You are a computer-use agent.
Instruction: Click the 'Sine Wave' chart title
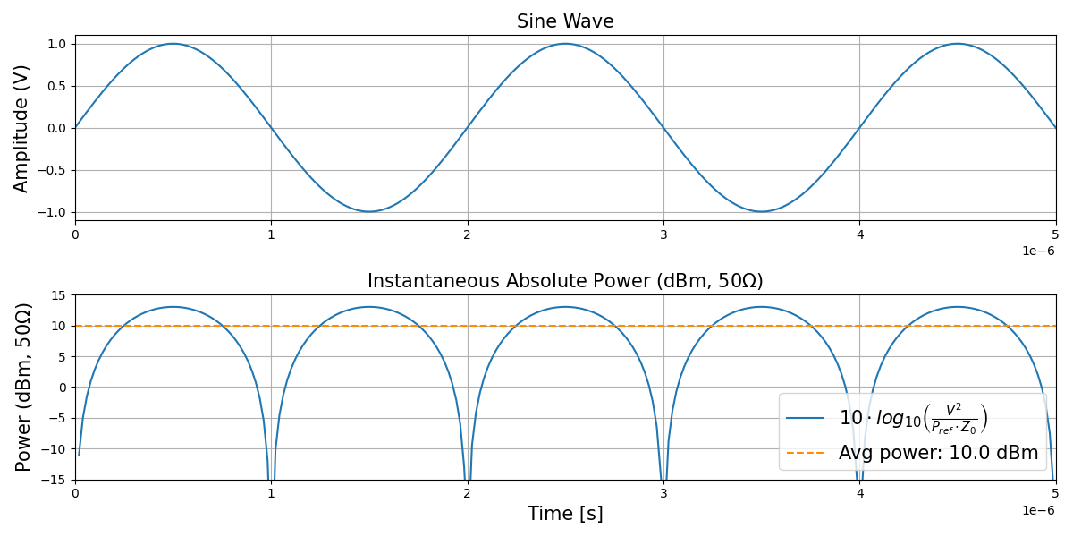point(565,21)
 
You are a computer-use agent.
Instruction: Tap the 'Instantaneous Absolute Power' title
point(565,281)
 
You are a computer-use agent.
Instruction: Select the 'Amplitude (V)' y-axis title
point(21,128)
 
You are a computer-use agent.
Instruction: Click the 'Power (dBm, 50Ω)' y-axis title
point(24,387)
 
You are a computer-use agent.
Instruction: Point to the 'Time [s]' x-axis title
point(565,514)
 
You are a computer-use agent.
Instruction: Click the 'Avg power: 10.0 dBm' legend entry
point(938,453)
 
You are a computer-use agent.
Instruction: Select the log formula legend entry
point(913,418)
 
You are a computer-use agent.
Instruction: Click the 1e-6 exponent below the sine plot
point(1039,251)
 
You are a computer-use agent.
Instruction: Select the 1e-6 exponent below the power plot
point(1039,510)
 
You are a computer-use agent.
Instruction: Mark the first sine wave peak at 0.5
point(173,44)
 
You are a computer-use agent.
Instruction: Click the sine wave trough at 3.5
point(761,212)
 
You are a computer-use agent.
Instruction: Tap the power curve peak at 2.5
point(565,307)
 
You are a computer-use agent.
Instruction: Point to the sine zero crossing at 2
point(467,128)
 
